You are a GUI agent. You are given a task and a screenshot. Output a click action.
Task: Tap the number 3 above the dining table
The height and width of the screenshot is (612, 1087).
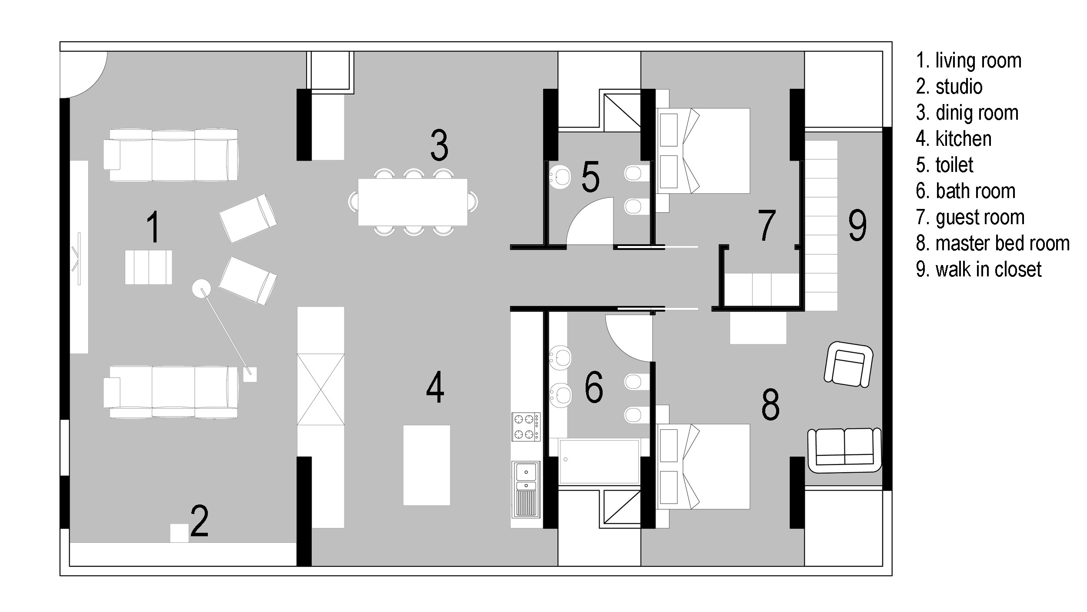[x=439, y=145]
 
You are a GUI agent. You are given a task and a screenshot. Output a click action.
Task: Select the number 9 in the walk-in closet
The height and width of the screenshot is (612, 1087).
[x=857, y=225]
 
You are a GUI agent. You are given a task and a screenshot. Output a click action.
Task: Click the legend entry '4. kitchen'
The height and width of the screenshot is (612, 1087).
[x=954, y=139]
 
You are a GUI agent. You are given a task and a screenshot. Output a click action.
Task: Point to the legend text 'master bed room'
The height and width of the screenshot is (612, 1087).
[x=1003, y=243]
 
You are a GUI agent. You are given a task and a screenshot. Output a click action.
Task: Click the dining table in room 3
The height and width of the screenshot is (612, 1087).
[x=413, y=202]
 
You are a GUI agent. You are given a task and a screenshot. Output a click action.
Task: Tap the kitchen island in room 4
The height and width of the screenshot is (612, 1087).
[x=427, y=465]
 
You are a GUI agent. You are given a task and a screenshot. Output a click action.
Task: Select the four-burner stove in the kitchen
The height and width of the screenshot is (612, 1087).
[x=526, y=427]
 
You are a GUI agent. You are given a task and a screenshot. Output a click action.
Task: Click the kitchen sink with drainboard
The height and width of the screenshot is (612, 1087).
[x=526, y=489]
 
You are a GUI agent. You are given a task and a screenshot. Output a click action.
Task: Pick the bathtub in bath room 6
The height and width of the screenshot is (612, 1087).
[x=599, y=461]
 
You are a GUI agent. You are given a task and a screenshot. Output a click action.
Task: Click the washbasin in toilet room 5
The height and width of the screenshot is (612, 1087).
[x=560, y=177]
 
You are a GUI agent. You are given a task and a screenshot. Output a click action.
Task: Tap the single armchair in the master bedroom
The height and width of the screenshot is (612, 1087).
[x=848, y=364]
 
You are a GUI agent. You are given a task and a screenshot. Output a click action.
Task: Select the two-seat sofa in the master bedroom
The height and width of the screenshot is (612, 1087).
[x=844, y=450]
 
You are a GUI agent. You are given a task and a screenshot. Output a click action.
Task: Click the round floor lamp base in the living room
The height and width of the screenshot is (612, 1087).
[x=202, y=288]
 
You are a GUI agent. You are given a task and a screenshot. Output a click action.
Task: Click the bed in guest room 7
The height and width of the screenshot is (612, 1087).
[x=703, y=151]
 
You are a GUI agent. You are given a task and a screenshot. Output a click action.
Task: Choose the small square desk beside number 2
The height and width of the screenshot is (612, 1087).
[x=179, y=533]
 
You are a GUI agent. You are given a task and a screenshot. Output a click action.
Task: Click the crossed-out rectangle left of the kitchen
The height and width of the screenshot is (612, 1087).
[x=320, y=390]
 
